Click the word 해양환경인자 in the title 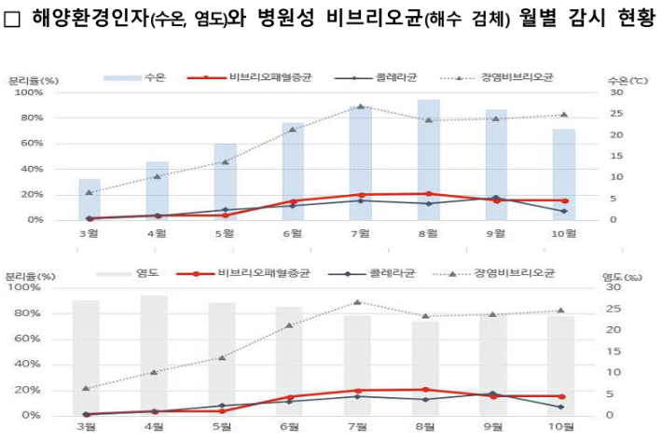[83, 18]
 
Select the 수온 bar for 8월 [428, 159]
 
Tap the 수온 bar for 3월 [90, 199]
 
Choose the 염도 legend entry [135, 273]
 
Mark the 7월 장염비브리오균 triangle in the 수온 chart [360, 106]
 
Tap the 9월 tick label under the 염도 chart [494, 426]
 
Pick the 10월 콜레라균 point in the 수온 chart [563, 211]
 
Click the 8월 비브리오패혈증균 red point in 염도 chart [426, 389]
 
